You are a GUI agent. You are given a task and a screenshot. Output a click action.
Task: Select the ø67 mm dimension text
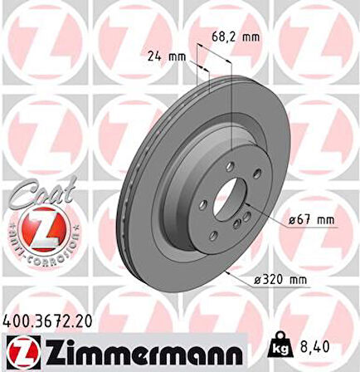pos(312,220)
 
